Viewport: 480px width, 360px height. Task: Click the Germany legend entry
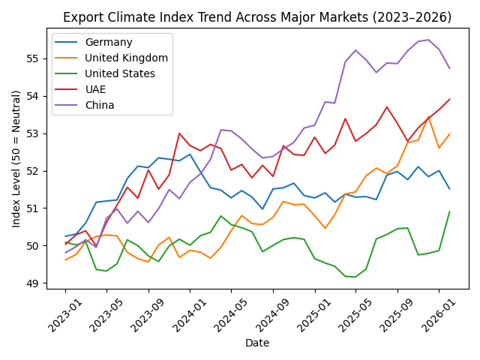pos(108,43)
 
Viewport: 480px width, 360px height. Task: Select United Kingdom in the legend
pos(126,58)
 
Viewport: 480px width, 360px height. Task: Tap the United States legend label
pos(120,73)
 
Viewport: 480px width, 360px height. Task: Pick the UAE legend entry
pos(96,89)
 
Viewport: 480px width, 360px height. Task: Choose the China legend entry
pos(100,105)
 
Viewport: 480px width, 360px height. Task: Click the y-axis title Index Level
pos(16,158)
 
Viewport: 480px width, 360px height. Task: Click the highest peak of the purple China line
pos(428,40)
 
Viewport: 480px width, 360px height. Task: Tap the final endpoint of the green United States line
pos(449,211)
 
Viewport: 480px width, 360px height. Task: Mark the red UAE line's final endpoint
pos(449,99)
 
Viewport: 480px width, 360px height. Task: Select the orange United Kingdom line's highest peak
pos(428,117)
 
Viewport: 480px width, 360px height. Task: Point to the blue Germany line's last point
pos(449,188)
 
